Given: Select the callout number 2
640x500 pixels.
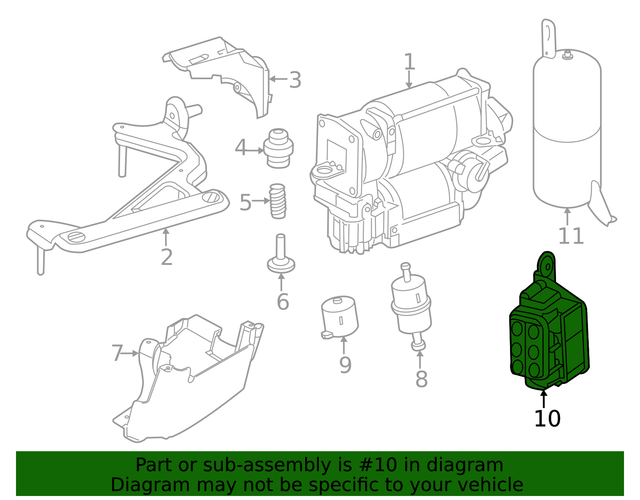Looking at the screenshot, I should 166,257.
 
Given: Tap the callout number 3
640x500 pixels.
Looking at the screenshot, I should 294,79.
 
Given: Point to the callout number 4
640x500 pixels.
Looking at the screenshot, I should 241,150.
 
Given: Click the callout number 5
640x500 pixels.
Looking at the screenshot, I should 246,204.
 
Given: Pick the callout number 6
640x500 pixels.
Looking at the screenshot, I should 282,300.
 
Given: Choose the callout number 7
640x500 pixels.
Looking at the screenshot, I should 118,352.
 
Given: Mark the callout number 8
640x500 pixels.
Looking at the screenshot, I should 421,379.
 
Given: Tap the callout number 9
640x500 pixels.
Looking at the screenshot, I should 345,365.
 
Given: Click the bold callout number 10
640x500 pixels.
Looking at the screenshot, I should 547,418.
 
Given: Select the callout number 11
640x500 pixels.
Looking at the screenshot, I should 570,236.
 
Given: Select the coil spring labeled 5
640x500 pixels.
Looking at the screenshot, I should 279,205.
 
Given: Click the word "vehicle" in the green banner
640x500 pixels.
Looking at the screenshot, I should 488,485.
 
